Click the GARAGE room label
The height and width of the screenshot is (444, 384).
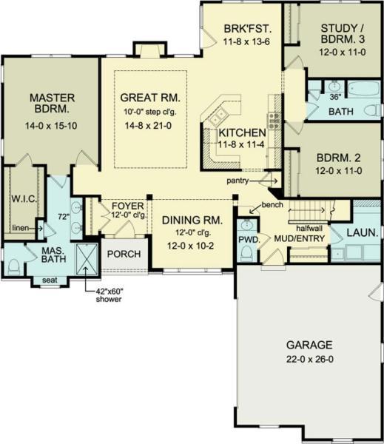[309, 345]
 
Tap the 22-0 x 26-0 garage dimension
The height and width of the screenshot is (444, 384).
[309, 359]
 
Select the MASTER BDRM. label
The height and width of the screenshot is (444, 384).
[52, 103]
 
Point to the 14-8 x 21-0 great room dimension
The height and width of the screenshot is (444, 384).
[148, 126]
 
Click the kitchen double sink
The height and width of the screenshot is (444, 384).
[218, 116]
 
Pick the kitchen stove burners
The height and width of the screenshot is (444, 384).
[274, 121]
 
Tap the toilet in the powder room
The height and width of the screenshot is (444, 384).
[247, 253]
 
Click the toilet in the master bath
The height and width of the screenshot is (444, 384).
[13, 267]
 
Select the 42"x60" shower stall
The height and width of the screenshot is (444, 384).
[87, 260]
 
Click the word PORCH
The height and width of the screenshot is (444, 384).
[124, 254]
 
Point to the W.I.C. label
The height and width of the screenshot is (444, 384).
[24, 199]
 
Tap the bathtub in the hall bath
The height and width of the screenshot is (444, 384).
[363, 89]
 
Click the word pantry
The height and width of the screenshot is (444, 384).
[238, 181]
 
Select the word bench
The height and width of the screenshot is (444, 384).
[272, 204]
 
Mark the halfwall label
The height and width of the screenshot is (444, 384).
[309, 228]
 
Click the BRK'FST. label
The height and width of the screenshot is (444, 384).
[248, 29]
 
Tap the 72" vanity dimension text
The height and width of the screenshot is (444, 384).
[64, 217]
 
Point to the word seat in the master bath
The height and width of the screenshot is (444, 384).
[50, 280]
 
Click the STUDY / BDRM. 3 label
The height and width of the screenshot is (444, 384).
[343, 34]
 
